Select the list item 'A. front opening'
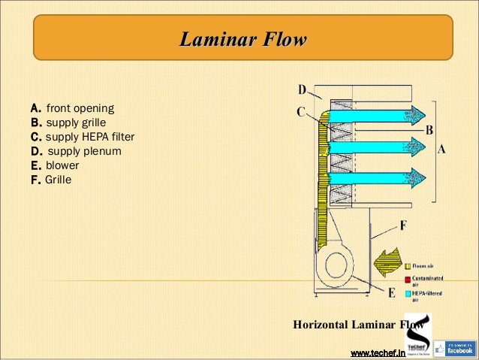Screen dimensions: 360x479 pos(71,107)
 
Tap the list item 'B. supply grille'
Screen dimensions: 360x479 pos(68,122)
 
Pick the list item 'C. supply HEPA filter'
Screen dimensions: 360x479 pos(82,137)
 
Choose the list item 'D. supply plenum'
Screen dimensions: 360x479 pos(75,151)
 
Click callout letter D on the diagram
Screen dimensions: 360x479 pos(302,90)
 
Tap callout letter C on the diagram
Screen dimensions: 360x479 pos(301,112)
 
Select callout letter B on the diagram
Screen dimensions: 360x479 pos(429,130)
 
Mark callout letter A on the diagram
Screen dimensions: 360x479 pos(441,149)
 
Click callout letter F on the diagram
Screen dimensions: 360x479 pos(403,225)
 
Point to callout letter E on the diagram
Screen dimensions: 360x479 pos(391,293)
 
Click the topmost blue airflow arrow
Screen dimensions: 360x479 pos(375,114)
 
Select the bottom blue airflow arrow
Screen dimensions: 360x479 pos(375,177)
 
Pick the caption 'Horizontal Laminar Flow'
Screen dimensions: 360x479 pos(348,325)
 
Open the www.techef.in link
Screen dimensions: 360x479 pos(378,352)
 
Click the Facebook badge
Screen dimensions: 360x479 pos(454,346)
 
